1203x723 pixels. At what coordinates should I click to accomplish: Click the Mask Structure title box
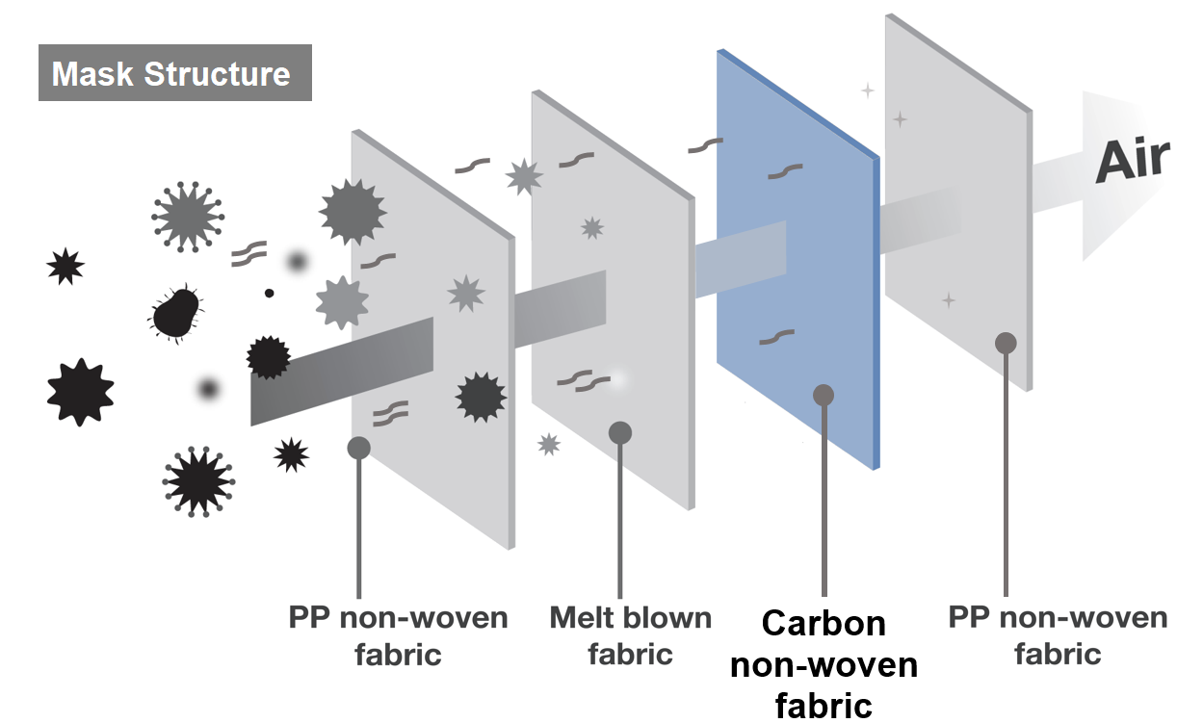point(174,73)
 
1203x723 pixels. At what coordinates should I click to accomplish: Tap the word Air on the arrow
point(1133,160)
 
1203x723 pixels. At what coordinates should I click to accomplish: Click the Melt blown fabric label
point(630,635)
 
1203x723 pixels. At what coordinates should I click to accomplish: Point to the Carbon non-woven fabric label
point(824,663)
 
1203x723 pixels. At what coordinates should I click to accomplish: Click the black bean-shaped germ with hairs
point(176,313)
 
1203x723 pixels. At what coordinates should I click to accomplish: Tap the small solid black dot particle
point(270,292)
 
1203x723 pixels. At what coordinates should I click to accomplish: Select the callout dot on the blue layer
point(824,395)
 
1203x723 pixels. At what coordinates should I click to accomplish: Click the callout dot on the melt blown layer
point(619,433)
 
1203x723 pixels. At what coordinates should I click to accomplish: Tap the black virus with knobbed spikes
point(198,480)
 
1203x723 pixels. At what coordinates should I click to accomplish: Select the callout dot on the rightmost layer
point(1006,344)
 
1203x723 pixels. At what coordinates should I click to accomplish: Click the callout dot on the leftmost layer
point(359,447)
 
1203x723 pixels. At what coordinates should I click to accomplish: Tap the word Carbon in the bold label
point(824,624)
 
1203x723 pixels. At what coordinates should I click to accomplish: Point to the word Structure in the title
point(228,74)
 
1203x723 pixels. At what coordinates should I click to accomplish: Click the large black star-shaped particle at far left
point(80,392)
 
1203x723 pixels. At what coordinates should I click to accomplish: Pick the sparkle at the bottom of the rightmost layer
point(949,300)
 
